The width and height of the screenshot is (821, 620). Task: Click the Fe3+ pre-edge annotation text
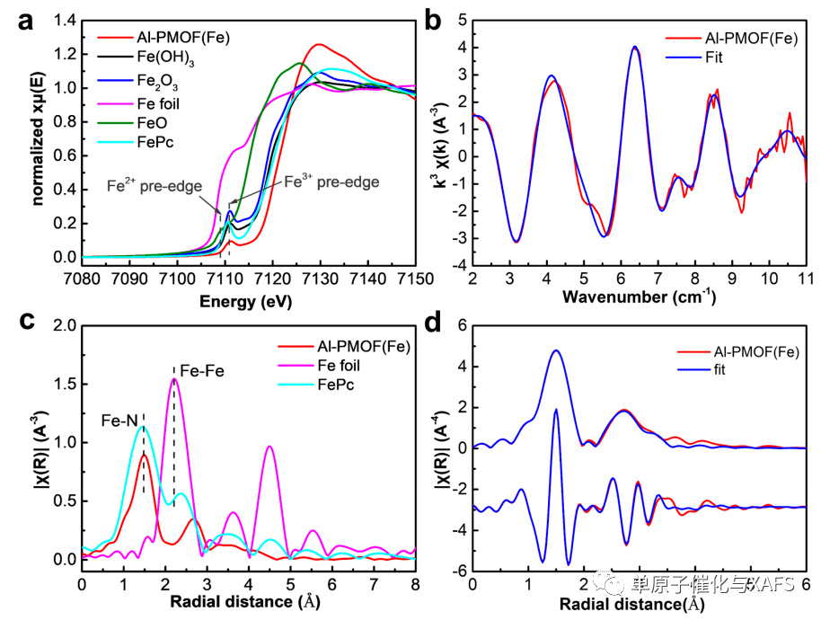331,182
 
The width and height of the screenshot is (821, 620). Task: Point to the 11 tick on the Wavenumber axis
805,275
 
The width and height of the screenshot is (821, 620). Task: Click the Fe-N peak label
120,419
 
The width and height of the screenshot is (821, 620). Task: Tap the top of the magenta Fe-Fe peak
174,379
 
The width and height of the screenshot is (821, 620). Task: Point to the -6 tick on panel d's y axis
455,570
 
